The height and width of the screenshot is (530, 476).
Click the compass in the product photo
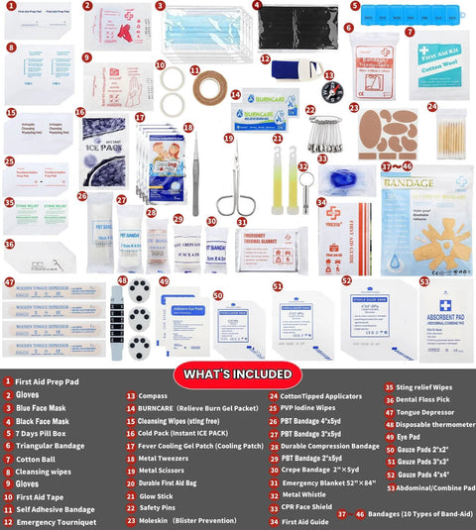[x=332, y=89]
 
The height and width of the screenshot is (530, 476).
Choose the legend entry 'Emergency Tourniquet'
[x=55, y=521]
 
